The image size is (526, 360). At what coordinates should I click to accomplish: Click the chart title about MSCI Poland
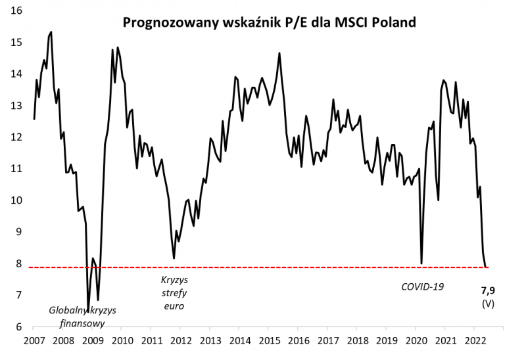[x=270, y=24]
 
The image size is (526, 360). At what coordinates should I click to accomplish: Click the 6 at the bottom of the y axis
[x=20, y=326]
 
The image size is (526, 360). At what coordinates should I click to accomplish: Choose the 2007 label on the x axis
[x=34, y=342]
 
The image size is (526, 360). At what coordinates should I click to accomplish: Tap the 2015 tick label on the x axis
[x=268, y=342]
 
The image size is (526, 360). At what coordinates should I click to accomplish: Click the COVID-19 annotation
[x=423, y=287]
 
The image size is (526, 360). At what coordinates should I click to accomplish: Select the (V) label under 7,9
[x=488, y=304]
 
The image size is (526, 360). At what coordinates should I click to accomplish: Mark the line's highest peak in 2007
[x=51, y=32]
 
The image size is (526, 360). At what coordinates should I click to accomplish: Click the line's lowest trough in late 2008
[x=88, y=309]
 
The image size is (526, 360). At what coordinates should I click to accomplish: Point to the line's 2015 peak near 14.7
[x=279, y=53]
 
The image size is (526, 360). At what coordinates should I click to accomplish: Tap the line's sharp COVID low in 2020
[x=421, y=263]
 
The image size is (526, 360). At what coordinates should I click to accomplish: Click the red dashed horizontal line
[x=263, y=267]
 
